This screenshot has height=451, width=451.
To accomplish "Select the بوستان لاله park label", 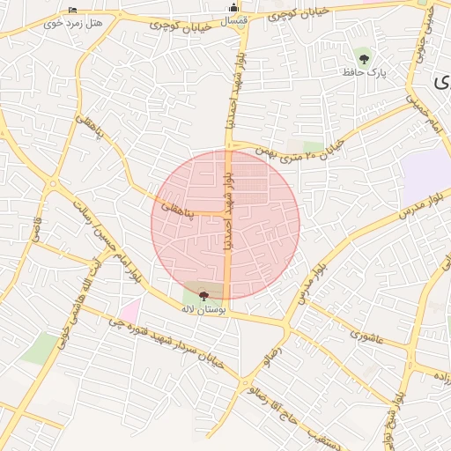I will click(x=203, y=310).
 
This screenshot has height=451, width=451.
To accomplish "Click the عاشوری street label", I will click(x=366, y=334).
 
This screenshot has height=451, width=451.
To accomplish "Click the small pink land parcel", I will click(x=130, y=311).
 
